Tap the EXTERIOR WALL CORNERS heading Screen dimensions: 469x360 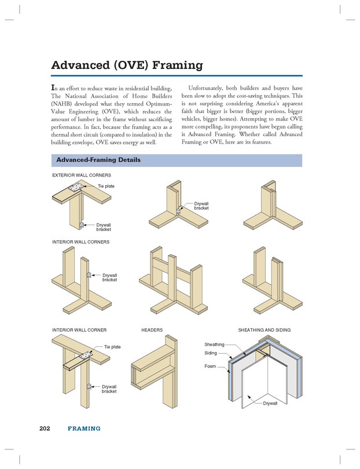(x=82, y=174)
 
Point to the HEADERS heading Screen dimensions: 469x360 (x=152, y=329)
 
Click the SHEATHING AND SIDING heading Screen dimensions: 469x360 (x=264, y=329)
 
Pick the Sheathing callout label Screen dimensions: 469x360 (x=214, y=345)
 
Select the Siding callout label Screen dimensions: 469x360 (x=211, y=353)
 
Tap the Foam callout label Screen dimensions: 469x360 (x=210, y=366)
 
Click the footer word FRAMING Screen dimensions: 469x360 (x=84, y=428)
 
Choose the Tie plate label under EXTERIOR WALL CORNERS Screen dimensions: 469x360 (x=106, y=186)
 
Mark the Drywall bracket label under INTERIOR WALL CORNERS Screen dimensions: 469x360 (x=109, y=277)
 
